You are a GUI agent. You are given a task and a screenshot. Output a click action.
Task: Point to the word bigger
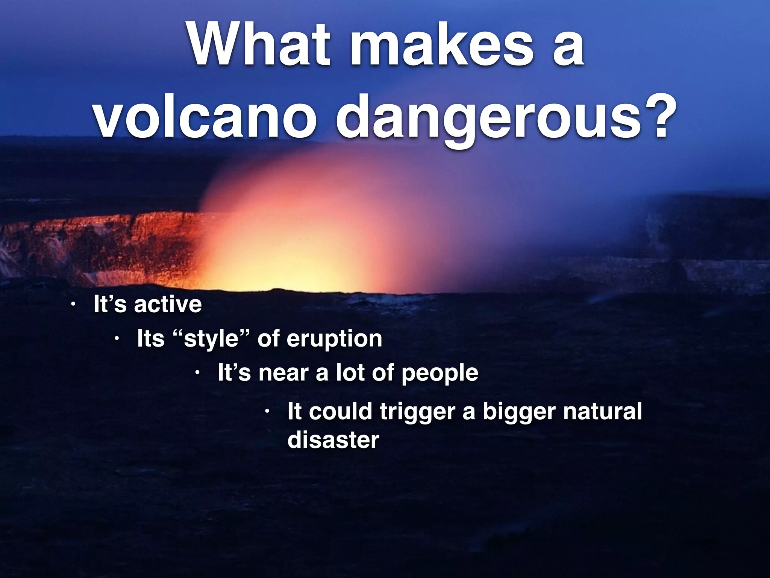pos(518,412)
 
